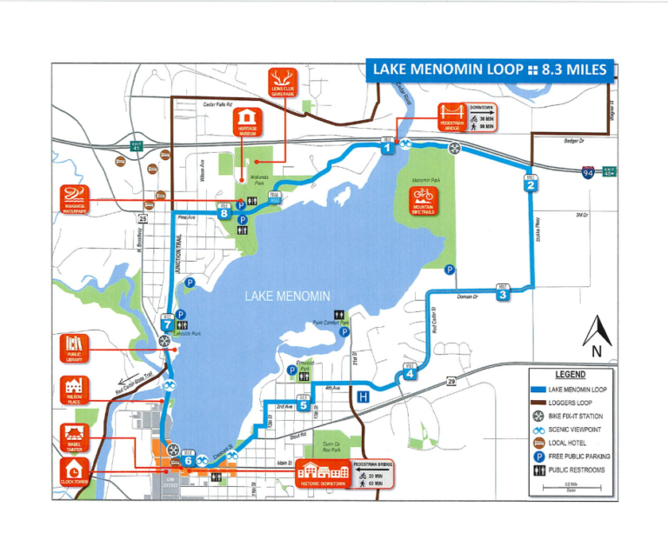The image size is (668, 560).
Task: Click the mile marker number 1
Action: point(387,149)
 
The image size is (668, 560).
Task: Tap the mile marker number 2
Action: point(530,184)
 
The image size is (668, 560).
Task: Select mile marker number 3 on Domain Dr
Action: point(502,295)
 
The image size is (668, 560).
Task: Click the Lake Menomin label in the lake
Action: point(287,297)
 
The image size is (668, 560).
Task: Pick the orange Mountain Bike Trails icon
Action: point(423,197)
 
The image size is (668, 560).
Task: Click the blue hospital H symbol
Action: point(362,397)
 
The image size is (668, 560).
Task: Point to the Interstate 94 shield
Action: point(590,173)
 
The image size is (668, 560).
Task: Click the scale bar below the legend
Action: point(570,487)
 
